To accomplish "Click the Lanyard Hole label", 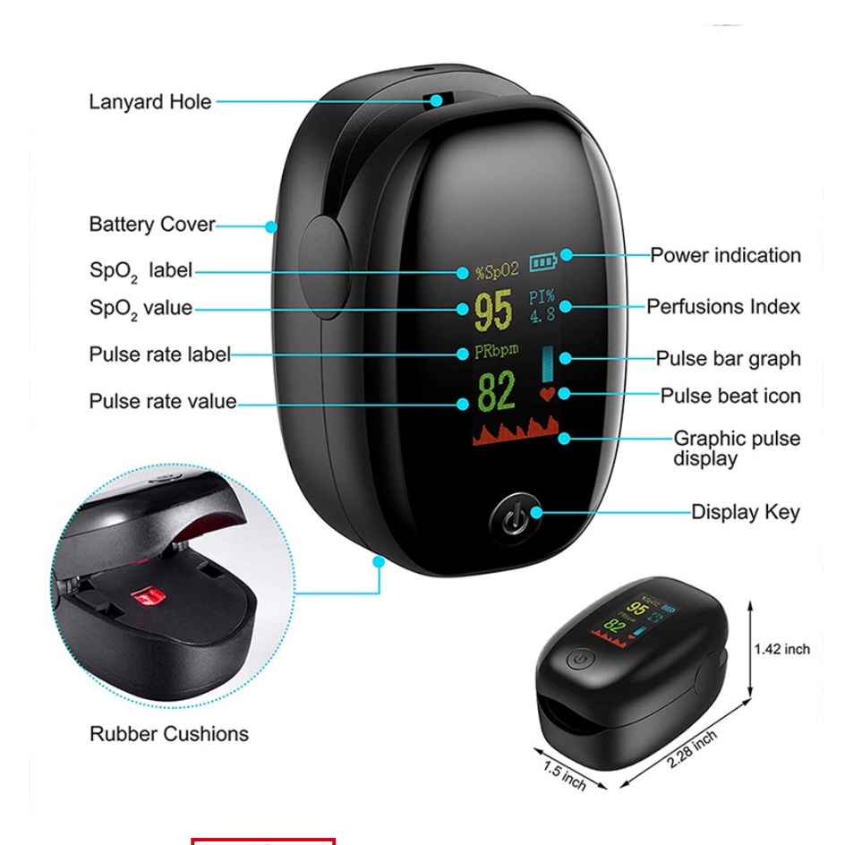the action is point(150,102).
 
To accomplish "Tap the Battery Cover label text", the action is point(152,225).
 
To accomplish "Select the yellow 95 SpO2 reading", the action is point(493,311).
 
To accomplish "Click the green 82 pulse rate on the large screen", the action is point(497,391).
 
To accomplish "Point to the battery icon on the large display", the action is point(542,262).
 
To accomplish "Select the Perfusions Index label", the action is point(723,307).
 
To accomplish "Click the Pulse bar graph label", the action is point(728,359).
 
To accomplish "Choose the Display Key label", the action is point(746,513).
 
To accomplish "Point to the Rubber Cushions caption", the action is point(169,735).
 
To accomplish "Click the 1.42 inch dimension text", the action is point(781,649).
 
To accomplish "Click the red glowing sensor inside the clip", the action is point(144,596).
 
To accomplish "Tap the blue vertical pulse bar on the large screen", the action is point(547,363).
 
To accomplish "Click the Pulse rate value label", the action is point(162,402).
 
